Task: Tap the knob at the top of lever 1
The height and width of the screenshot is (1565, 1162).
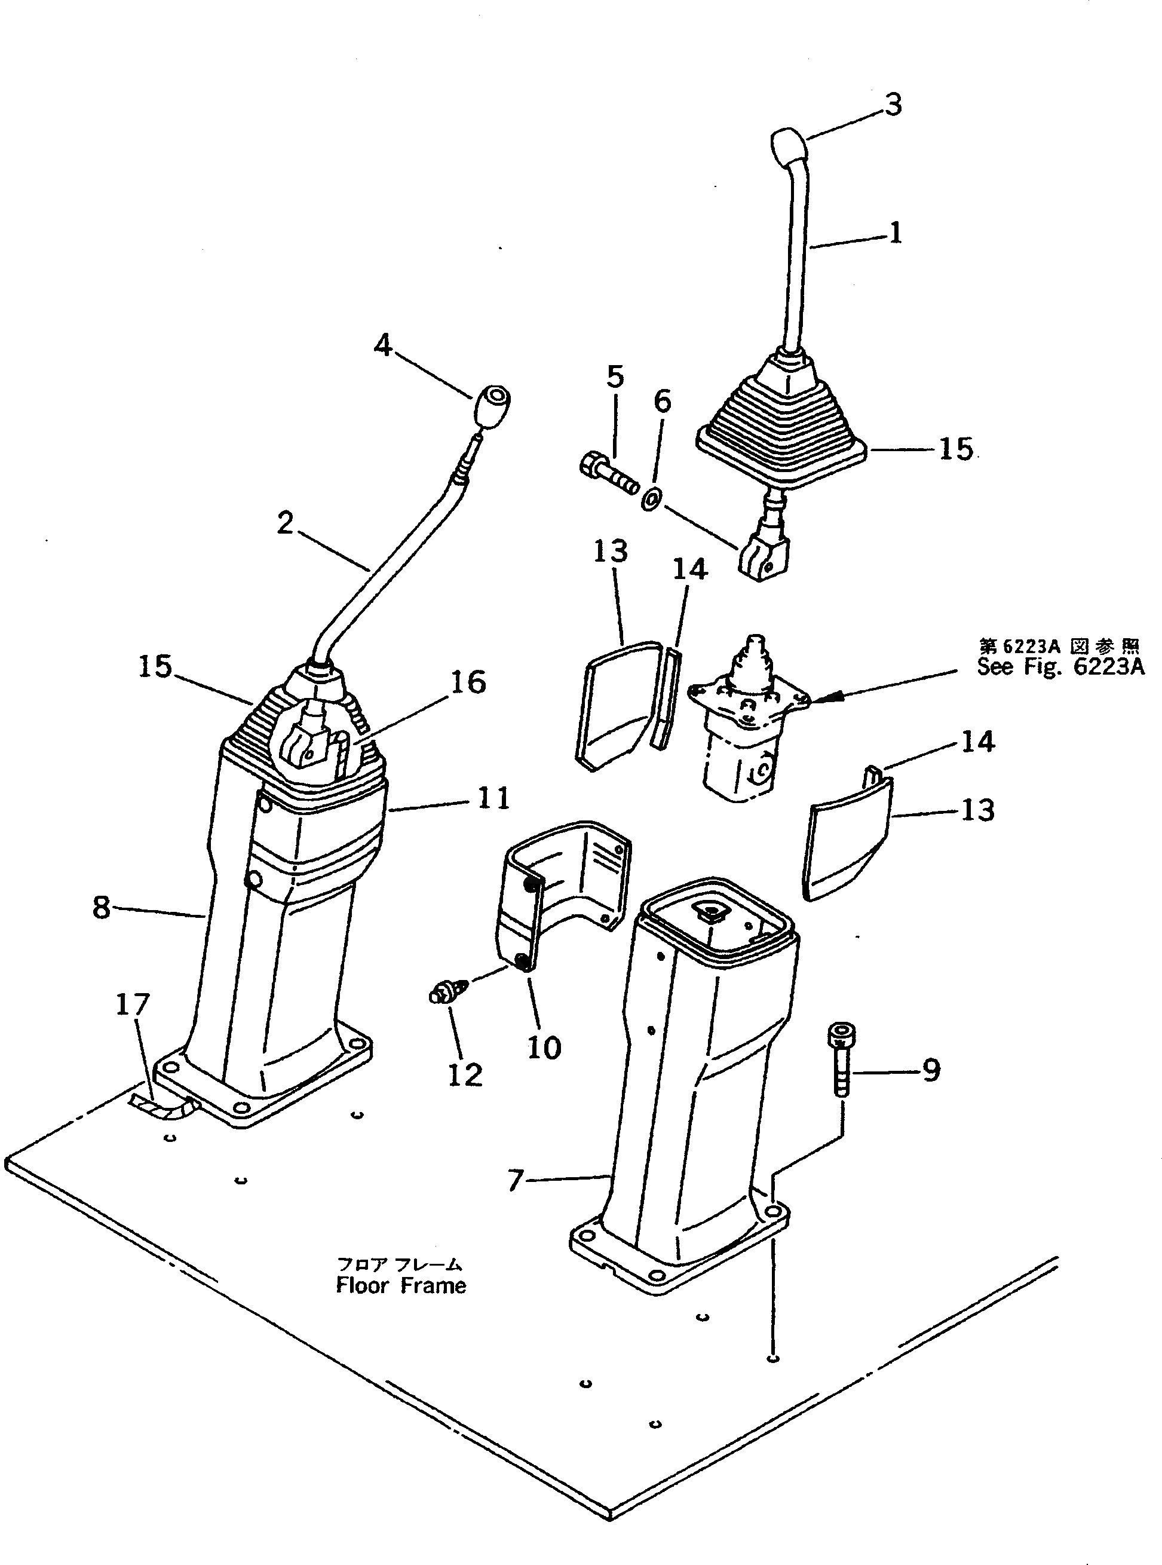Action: (x=788, y=144)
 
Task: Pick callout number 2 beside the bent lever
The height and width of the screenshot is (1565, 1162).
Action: (x=285, y=523)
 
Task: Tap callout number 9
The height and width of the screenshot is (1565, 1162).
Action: (x=930, y=1071)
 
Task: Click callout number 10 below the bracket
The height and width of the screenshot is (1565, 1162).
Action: (x=544, y=1048)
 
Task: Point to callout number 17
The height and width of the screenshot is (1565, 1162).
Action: (x=132, y=1004)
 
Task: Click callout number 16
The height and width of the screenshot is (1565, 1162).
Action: (x=468, y=682)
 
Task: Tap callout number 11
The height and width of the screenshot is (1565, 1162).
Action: (x=493, y=798)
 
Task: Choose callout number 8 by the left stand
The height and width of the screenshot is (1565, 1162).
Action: (x=102, y=906)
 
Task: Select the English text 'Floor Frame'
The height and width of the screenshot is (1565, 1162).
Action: (x=401, y=1286)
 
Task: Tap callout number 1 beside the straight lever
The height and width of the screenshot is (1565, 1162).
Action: (x=895, y=233)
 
